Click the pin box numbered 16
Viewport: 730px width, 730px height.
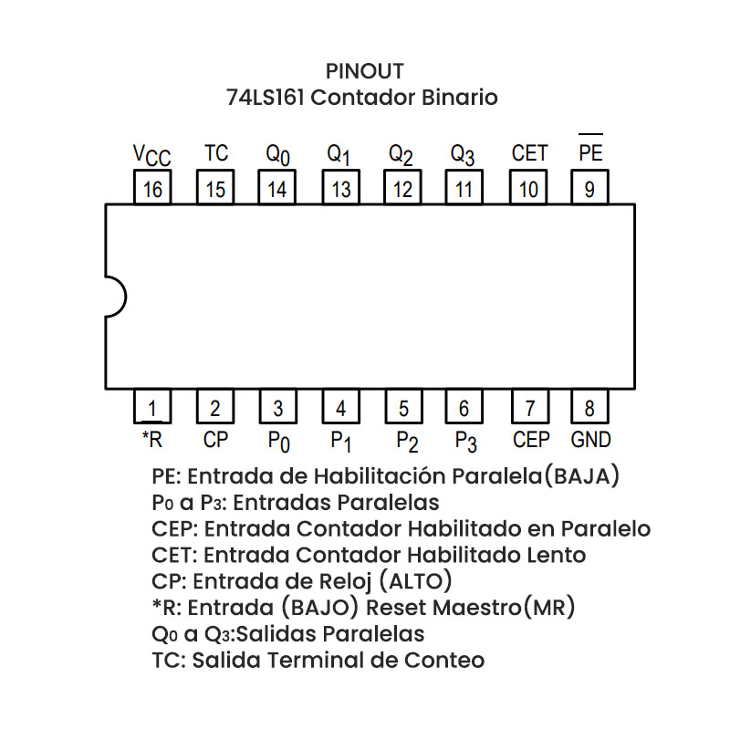(152, 190)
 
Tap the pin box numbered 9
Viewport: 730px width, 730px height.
(590, 190)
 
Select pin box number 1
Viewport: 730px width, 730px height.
(152, 408)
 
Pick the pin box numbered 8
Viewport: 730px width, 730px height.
(590, 408)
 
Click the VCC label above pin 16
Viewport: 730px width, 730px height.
(151, 156)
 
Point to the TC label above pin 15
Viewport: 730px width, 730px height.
(216, 153)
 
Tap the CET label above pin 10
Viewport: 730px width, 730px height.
(529, 153)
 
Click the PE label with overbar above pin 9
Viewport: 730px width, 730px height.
(590, 152)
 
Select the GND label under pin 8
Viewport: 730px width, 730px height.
(590, 440)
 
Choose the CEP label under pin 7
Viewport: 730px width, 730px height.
(531, 440)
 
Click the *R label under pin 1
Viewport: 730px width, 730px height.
(151, 440)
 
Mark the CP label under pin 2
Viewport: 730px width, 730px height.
(215, 440)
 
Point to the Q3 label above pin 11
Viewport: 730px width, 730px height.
(463, 155)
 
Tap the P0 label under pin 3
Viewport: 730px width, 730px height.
(278, 442)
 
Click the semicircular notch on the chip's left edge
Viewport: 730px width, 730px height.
(115, 297)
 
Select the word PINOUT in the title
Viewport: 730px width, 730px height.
(364, 71)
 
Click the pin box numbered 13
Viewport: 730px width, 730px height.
(340, 190)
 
